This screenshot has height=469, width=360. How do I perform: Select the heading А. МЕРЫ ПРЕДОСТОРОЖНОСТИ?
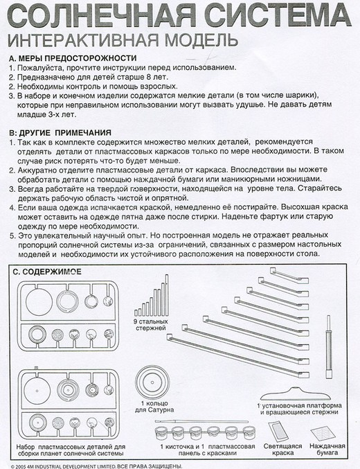pos(73,58)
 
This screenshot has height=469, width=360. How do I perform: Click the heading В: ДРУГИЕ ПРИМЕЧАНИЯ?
pos(60,132)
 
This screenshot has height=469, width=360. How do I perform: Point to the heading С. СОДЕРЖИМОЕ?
pos(47,272)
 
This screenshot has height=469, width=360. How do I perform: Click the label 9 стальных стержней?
pos(151,325)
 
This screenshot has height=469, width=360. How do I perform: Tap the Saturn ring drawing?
pos(152,382)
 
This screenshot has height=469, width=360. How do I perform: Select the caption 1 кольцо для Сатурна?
pos(154,407)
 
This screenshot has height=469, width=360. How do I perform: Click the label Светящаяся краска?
pos(282,450)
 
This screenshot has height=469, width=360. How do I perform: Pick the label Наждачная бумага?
pos(327,450)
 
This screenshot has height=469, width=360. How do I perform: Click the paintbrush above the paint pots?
pos(202,422)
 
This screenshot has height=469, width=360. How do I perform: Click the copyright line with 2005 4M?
pos(96,466)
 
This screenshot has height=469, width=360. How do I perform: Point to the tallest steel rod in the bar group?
pos(167,295)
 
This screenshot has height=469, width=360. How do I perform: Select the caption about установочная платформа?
pos(299,409)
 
